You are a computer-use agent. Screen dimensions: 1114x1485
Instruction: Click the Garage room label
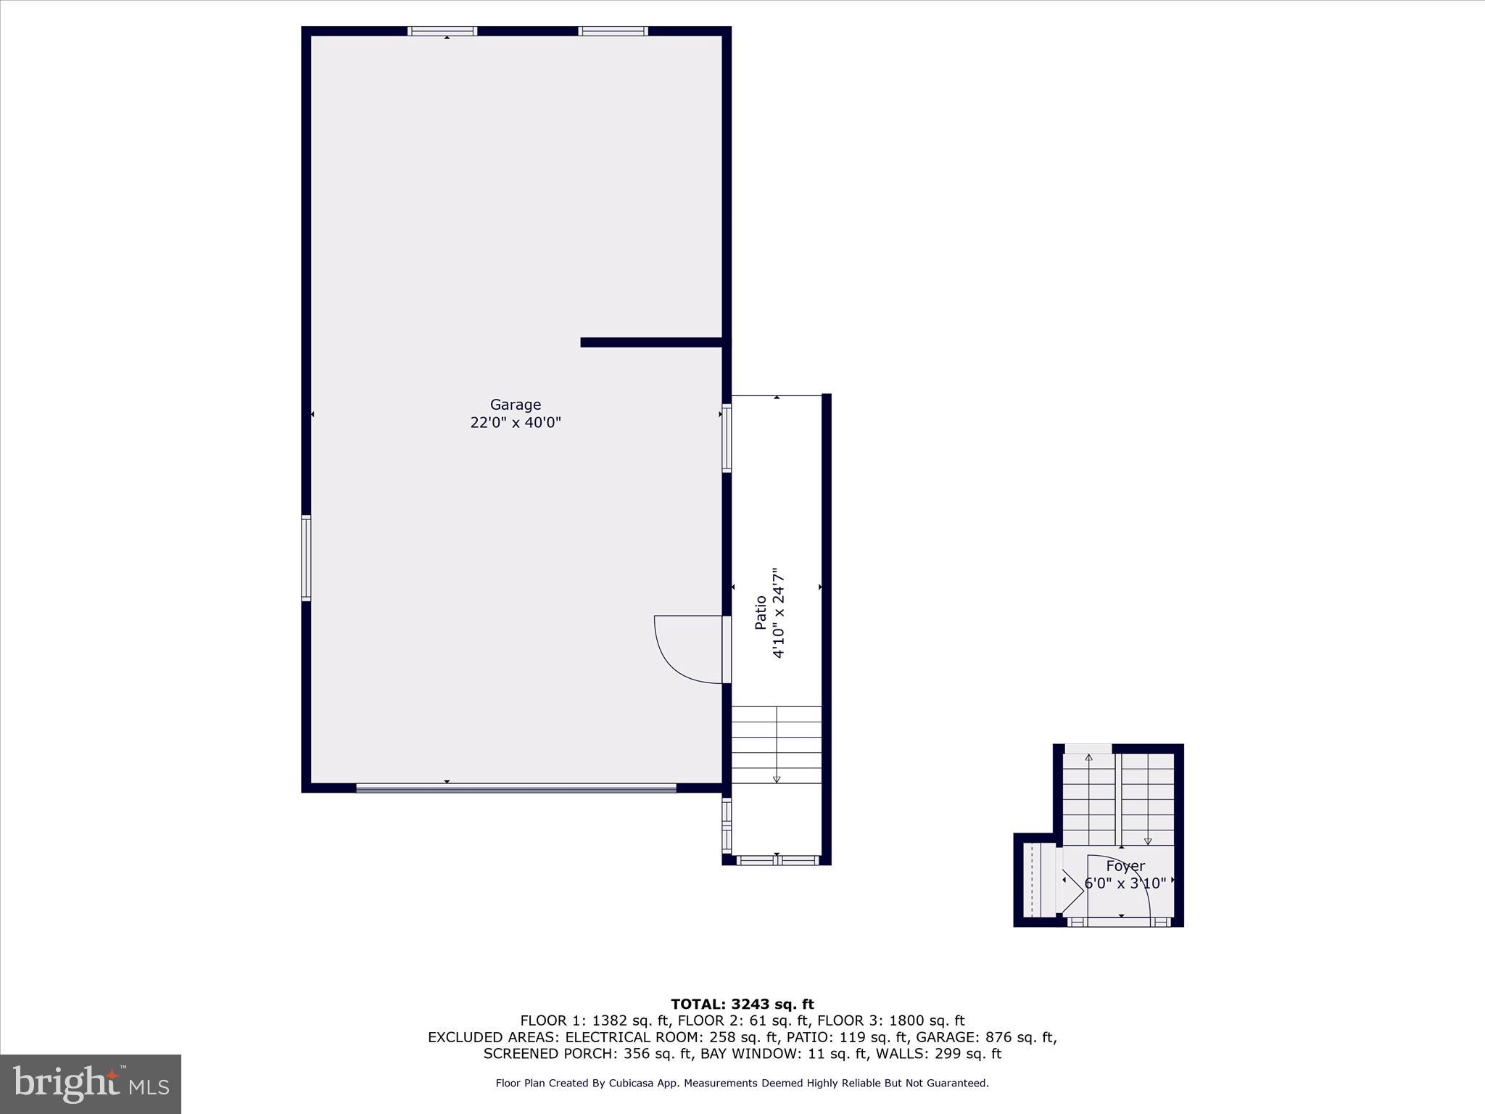pos(516,405)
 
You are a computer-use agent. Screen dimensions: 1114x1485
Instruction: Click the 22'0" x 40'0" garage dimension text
pos(516,422)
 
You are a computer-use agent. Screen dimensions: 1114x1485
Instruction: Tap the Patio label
pos(761,612)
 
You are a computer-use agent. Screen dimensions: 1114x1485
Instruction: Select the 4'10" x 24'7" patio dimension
pos(779,612)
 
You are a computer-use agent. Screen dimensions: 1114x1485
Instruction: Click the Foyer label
pos(1125,866)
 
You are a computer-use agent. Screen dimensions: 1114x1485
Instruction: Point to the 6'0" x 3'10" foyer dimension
pos(1125,883)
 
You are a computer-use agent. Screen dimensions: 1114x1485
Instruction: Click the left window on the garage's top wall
pos(442,31)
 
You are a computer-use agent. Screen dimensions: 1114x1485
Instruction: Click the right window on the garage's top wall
pos(613,31)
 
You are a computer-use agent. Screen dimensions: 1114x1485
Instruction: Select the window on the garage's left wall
pos(306,558)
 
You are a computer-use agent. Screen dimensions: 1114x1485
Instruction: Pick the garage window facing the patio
pos(727,438)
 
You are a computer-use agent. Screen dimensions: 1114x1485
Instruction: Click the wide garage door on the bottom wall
pos(516,788)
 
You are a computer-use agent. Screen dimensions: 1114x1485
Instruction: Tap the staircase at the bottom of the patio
pos(776,745)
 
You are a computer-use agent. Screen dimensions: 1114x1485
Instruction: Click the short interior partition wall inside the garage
pos(651,342)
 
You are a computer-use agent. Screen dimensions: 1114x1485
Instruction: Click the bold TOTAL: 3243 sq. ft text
pos(742,1004)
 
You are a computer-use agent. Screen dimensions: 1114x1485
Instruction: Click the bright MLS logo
pos(91,1084)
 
